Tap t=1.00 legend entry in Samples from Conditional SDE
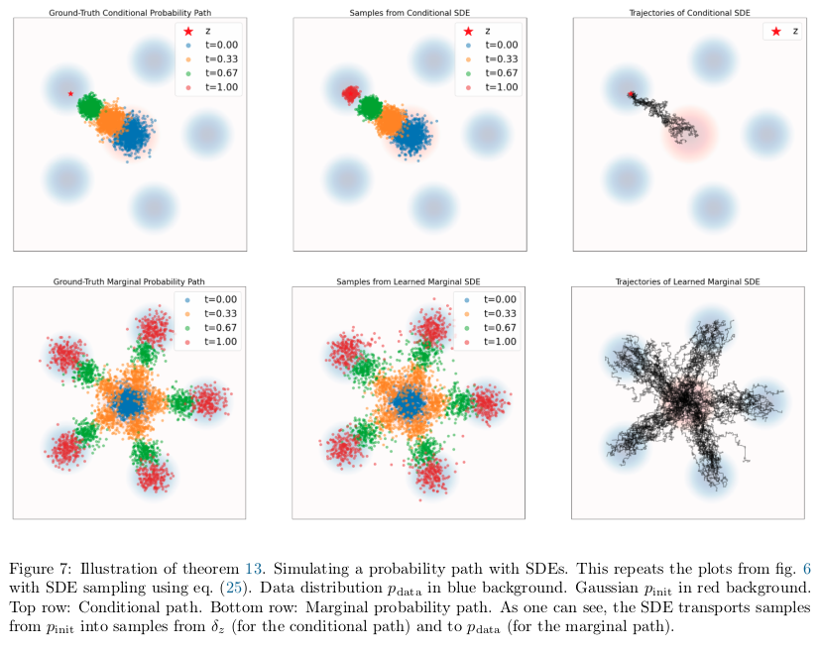(x=490, y=87)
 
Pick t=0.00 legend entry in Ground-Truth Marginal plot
(x=209, y=299)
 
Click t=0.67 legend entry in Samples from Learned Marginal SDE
(x=490, y=327)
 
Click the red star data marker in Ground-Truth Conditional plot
(x=70, y=94)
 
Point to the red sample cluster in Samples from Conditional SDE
(x=350, y=94)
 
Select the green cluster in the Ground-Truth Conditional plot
(x=91, y=105)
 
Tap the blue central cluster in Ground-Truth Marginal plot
(x=128, y=402)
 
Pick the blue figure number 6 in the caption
(x=806, y=567)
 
